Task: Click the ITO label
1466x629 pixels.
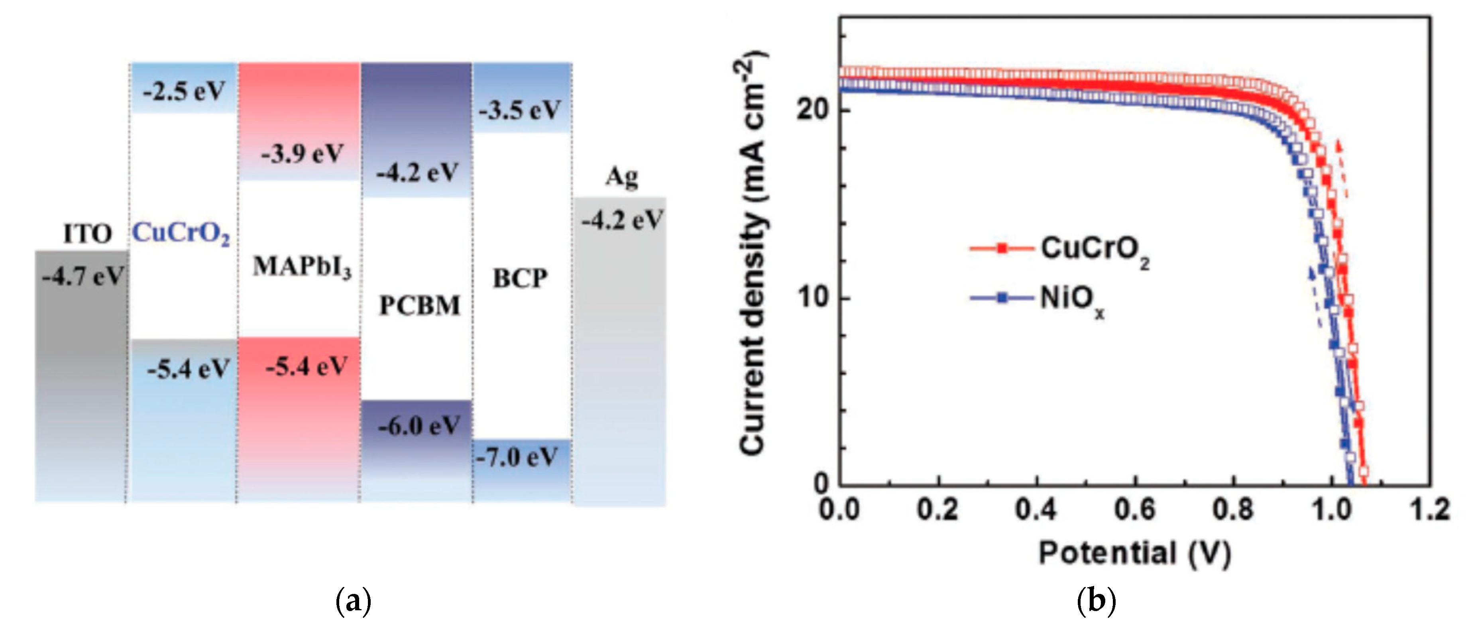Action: click(87, 234)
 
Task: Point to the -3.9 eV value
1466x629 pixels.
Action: click(302, 154)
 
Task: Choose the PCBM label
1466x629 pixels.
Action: click(419, 306)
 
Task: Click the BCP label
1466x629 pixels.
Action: click(520, 278)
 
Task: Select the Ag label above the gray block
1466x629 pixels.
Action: click(621, 177)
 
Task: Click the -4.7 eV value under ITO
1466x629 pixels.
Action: click(83, 277)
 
